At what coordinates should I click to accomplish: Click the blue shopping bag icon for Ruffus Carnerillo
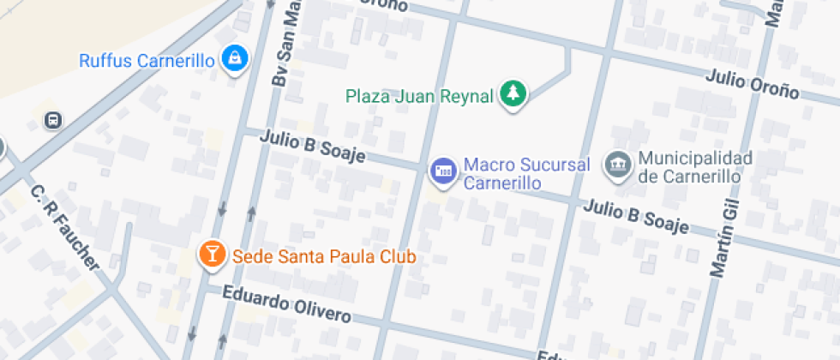pyautogui.click(x=234, y=59)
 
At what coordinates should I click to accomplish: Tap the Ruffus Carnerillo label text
pyautogui.click(x=146, y=61)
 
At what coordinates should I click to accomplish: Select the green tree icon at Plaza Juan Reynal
pyautogui.click(x=513, y=94)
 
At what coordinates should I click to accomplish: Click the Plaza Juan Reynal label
pyautogui.click(x=420, y=96)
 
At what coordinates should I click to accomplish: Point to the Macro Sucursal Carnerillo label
pyautogui.click(x=513, y=173)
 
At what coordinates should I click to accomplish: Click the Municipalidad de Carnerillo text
pyautogui.click(x=695, y=167)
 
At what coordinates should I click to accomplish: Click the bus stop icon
pyautogui.click(x=53, y=120)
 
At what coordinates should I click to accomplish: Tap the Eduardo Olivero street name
pyautogui.click(x=286, y=303)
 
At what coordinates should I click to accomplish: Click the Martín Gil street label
pyautogui.click(x=724, y=234)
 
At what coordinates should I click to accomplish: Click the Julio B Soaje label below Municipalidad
pyautogui.click(x=637, y=216)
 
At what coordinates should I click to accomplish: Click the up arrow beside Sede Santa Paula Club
pyautogui.click(x=251, y=214)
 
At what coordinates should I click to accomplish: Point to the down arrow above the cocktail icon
pyautogui.click(x=223, y=208)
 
